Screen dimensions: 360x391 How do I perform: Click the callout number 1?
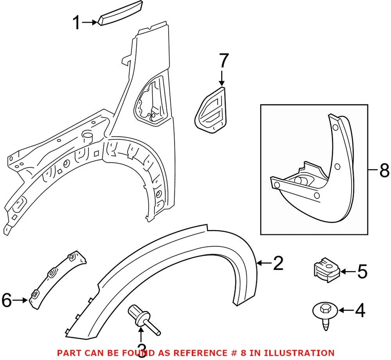coord(76,23)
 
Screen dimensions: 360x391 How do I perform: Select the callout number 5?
coord(362,272)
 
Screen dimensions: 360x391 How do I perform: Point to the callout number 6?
coord(7,300)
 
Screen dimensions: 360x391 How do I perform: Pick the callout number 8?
coord(384,171)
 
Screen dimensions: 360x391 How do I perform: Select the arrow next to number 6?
coord(21,301)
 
